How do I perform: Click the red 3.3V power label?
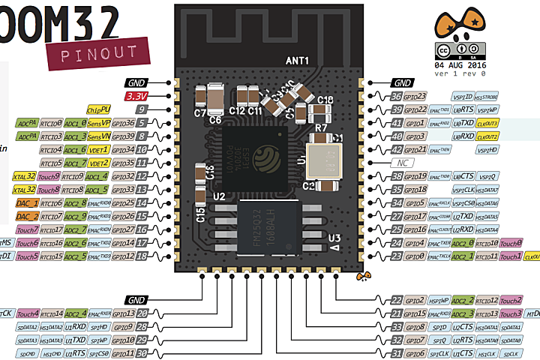click(x=137, y=97)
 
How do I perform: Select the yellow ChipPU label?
click(x=99, y=109)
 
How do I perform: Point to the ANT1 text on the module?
click(x=298, y=59)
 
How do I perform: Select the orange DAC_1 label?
click(x=27, y=202)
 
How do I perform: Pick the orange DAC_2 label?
click(x=27, y=216)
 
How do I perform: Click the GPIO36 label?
click(x=123, y=123)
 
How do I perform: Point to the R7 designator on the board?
click(x=320, y=128)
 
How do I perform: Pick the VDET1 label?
click(x=99, y=149)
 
